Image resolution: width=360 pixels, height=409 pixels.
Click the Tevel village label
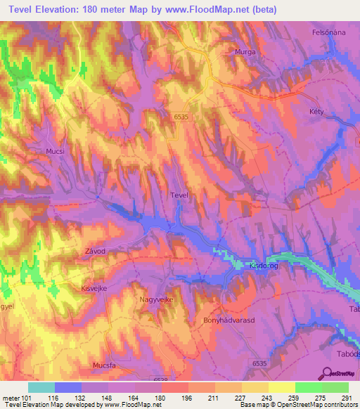coord(179,196)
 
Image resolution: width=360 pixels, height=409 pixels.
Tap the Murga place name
coord(244,52)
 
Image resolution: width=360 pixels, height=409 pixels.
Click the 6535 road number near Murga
coord(181,118)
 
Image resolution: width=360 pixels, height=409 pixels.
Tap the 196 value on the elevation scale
coord(187,398)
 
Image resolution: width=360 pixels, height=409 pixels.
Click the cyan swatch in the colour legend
coord(41,387)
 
